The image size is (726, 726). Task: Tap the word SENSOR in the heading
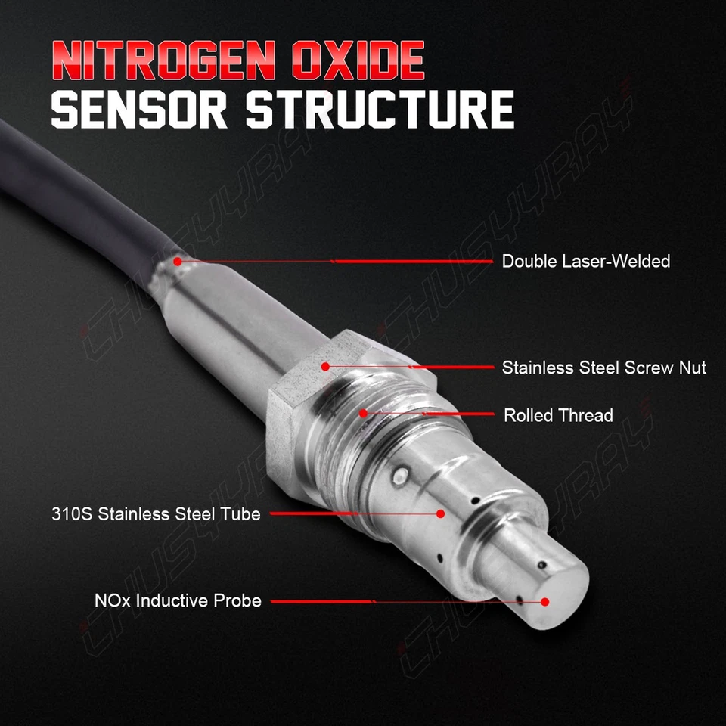(x=139, y=110)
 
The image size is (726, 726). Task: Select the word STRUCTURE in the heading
(x=380, y=110)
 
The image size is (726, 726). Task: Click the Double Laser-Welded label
(x=586, y=262)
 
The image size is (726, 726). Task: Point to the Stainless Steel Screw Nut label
(x=603, y=368)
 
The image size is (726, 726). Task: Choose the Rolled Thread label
(x=558, y=415)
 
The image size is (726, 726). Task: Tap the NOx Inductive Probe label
(x=178, y=601)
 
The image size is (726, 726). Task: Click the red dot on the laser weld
(x=177, y=262)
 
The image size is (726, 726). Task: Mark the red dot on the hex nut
(x=324, y=367)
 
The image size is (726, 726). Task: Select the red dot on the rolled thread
(x=364, y=414)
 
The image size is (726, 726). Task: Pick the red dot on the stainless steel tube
(x=441, y=513)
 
